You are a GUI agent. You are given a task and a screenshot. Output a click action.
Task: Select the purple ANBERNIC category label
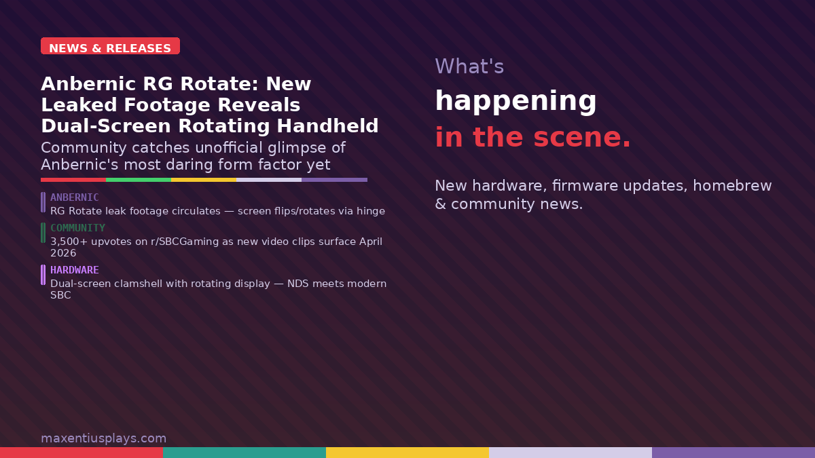pyautogui.click(x=75, y=197)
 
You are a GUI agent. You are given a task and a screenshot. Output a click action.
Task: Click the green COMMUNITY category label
pyautogui.click(x=77, y=228)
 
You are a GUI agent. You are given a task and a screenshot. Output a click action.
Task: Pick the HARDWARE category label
pyautogui.click(x=75, y=270)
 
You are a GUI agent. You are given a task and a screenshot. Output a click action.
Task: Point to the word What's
pyautogui.click(x=469, y=66)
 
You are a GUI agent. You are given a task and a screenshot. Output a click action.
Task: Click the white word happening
pyautogui.click(x=515, y=101)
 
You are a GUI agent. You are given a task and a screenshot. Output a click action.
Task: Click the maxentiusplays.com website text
pyautogui.click(x=103, y=438)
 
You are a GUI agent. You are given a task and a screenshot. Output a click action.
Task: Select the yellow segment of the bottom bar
pyautogui.click(x=407, y=453)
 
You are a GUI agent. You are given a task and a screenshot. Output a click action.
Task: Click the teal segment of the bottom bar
pyautogui.click(x=244, y=453)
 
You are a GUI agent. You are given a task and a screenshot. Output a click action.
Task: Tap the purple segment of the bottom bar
pyautogui.click(x=733, y=453)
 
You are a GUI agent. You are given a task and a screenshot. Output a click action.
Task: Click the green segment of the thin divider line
pyautogui.click(x=139, y=180)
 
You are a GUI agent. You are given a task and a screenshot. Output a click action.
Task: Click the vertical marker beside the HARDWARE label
pyautogui.click(x=43, y=275)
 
